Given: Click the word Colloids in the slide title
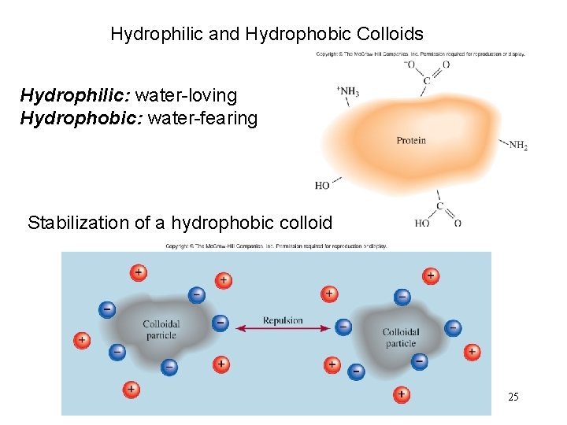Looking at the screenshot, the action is coord(390,35).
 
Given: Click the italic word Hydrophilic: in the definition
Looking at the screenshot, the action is coord(76,96).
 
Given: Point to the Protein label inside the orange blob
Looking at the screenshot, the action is coord(411,141).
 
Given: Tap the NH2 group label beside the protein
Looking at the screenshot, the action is coord(517,146).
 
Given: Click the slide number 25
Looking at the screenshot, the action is coord(513,397).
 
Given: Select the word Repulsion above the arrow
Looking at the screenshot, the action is coord(283,320).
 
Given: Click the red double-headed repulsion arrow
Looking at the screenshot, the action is coord(283,328).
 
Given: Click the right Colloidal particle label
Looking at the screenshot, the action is coord(400,338).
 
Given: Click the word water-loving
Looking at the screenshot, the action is coord(186,96).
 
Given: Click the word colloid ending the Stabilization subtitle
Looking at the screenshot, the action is coord(304,223).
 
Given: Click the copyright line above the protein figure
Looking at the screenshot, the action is coord(421,54).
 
